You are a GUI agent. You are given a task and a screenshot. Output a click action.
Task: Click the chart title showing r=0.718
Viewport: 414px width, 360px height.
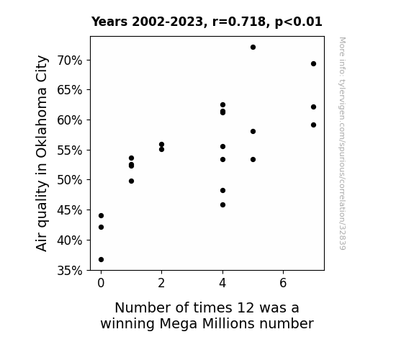[x=207, y=22]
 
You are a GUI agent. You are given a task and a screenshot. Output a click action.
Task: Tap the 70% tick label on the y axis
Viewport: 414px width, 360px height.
[x=70, y=60]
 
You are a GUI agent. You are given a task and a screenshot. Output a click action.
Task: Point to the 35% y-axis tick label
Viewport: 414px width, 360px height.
[x=70, y=271]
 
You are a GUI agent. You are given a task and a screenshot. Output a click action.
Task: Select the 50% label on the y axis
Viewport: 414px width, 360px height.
[x=70, y=180]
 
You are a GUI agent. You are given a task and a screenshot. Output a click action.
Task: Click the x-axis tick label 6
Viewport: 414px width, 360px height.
[x=283, y=283]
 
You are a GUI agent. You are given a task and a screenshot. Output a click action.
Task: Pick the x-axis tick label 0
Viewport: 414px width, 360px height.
[x=101, y=283]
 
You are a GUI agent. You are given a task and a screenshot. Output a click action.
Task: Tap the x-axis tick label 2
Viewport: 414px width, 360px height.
[x=161, y=283]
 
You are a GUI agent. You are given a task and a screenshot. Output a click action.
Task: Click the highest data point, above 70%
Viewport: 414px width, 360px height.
[x=253, y=48]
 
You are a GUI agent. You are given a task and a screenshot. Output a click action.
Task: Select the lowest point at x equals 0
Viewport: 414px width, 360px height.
[x=101, y=260]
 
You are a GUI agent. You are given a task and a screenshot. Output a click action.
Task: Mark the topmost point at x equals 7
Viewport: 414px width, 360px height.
[x=313, y=63]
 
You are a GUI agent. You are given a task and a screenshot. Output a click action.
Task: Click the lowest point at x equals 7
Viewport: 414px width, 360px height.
[x=313, y=125]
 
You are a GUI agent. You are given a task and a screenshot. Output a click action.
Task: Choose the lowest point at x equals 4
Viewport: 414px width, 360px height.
[x=223, y=204]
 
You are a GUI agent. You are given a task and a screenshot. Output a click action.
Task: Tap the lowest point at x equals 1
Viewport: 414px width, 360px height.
[x=131, y=181]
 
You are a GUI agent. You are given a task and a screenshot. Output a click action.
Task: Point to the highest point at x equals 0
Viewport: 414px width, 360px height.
[x=101, y=216]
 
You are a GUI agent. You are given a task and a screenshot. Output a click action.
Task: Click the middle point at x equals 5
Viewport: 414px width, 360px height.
[x=253, y=131]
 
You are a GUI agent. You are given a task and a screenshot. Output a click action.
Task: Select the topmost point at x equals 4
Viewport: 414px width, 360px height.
[x=223, y=105]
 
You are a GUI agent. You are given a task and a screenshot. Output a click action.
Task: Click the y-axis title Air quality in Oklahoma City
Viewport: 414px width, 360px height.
[x=42, y=153]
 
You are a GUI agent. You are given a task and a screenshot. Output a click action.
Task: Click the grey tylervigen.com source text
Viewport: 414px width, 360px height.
[x=342, y=143]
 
